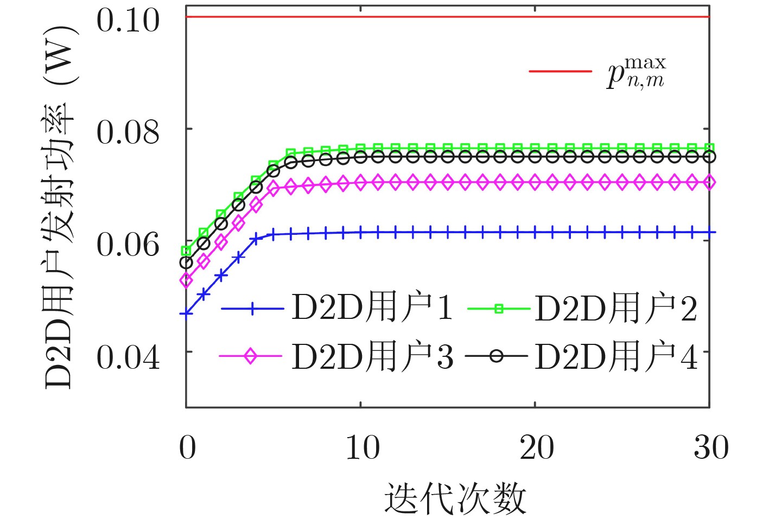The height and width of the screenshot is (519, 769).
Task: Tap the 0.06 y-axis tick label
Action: pos(128,245)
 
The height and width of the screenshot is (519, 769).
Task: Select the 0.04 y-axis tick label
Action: pos(128,357)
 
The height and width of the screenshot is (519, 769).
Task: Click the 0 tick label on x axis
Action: pos(187,448)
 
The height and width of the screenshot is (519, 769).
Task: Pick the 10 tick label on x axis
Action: pos(362,448)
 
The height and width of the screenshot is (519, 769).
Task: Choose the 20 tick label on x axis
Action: pos(536,448)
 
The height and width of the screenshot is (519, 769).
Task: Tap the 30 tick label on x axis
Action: pos(710,448)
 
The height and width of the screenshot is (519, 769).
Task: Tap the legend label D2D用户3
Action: pos(372,356)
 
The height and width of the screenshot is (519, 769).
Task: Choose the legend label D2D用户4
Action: pos(615,356)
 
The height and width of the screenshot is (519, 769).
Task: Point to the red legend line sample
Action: pos(560,71)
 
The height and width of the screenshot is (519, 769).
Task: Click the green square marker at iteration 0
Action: pos(186,251)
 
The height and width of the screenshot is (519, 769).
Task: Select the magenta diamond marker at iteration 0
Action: pos(186,280)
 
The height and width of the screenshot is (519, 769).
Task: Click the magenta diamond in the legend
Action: pos(250,356)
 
